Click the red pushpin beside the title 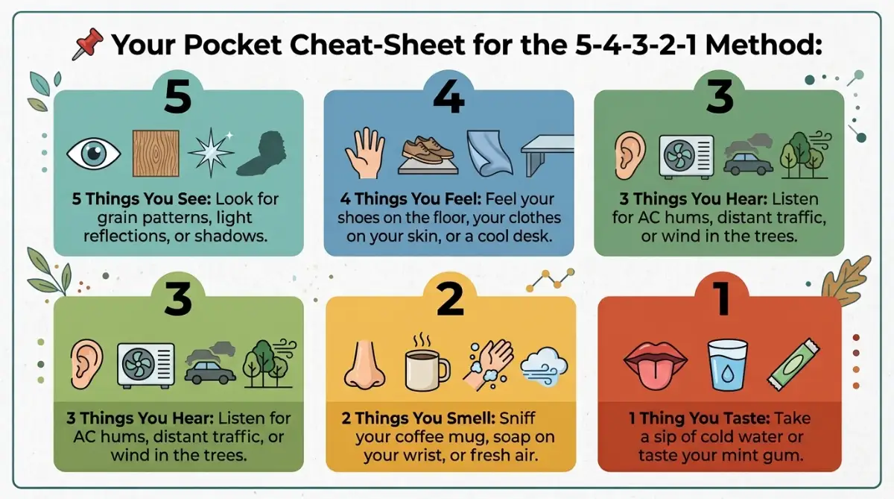(x=88, y=43)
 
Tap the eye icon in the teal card (x=93, y=154)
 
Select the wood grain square (x=156, y=154)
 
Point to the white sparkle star (x=211, y=153)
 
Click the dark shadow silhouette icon (x=261, y=154)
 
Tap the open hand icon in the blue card (x=365, y=153)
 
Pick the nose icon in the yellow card (x=364, y=364)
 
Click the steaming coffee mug (x=427, y=363)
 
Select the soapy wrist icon (x=488, y=364)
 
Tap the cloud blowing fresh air (x=544, y=366)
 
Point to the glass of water (x=727, y=364)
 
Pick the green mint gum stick (x=793, y=364)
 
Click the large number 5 (x=177, y=96)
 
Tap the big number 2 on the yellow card (x=450, y=300)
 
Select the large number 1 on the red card (x=722, y=299)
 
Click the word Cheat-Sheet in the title (x=377, y=44)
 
